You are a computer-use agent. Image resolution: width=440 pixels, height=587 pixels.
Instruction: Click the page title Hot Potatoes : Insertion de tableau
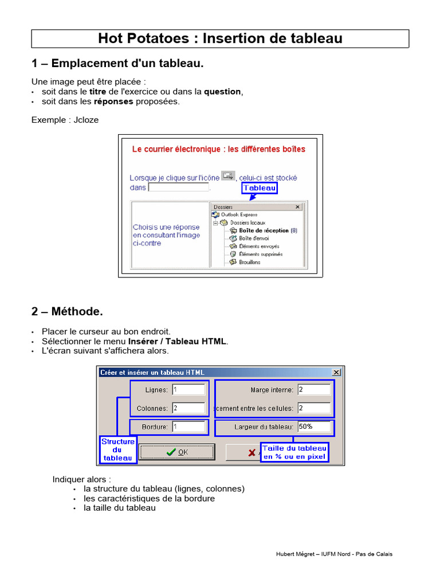[220, 38]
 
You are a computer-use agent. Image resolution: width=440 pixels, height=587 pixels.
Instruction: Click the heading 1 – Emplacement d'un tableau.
[117, 64]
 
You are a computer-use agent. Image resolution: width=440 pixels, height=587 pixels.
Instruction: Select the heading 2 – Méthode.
[67, 312]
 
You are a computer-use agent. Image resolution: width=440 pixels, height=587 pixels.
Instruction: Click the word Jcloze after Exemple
[87, 120]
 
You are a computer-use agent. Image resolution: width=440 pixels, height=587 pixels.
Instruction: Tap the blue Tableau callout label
[260, 188]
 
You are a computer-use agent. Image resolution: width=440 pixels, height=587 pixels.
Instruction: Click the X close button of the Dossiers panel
[297, 207]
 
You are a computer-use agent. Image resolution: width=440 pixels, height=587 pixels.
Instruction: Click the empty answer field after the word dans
[178, 187]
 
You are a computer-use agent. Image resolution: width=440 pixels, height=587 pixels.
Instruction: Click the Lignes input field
[188, 390]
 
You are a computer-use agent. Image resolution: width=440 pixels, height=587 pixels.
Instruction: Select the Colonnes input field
[188, 408]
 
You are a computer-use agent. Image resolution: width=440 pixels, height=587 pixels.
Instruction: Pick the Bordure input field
[188, 426]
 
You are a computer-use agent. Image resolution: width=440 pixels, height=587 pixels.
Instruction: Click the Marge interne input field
[314, 390]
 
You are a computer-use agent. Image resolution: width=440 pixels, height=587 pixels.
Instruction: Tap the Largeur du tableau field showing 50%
[314, 426]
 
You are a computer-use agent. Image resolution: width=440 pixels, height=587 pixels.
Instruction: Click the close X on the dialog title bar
[336, 372]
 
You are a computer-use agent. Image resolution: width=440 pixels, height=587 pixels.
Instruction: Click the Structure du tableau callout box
[118, 449]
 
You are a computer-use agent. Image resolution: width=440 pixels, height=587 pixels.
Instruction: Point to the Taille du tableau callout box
[294, 452]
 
